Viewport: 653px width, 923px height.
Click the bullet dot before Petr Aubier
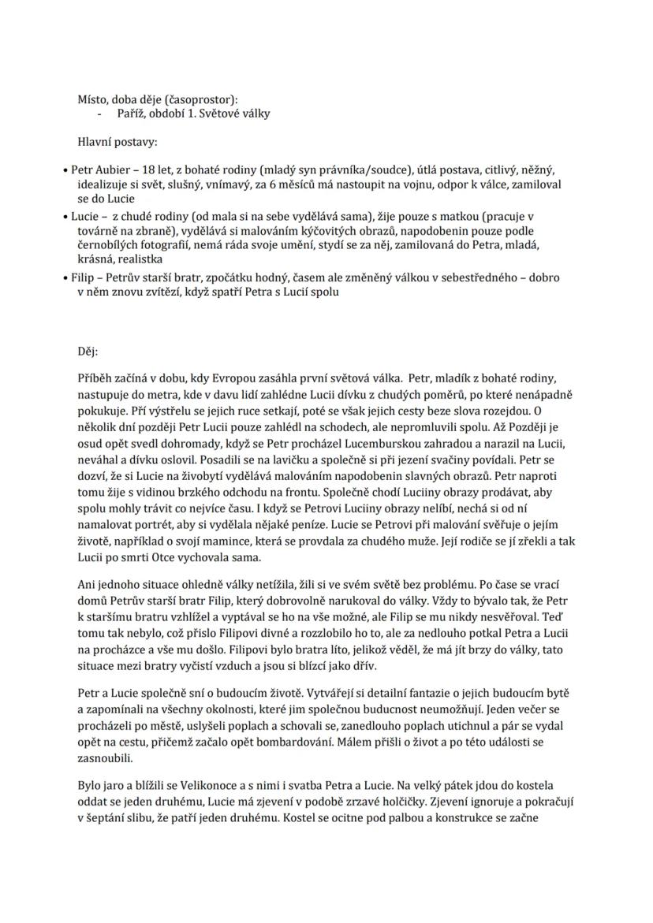[x=65, y=170]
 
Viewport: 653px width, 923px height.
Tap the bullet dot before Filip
[x=65, y=278]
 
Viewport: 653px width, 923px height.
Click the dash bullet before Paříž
[x=99, y=114]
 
